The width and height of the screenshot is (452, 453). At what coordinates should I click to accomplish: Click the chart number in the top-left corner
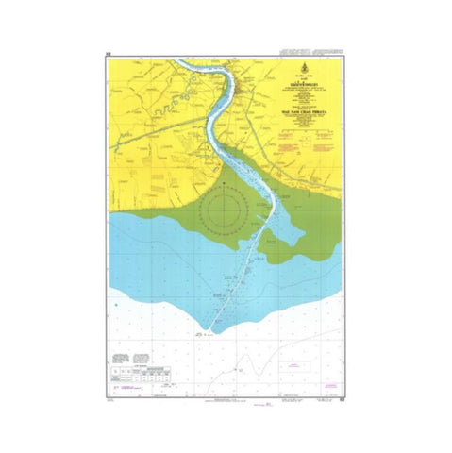109,55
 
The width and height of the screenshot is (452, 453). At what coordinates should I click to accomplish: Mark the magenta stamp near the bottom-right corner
327,387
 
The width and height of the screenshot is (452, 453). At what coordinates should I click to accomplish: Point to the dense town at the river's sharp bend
243,91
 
